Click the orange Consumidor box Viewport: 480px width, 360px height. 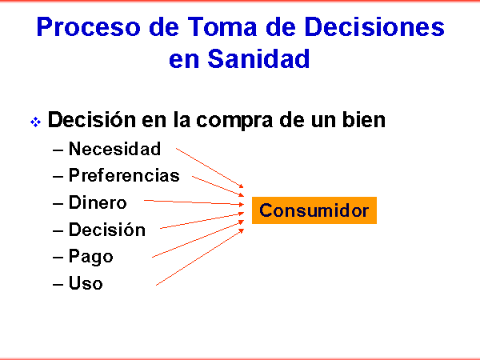(314, 210)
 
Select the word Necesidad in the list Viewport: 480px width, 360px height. (114, 149)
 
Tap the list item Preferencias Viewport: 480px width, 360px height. (124, 175)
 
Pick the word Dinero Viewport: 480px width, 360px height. (98, 202)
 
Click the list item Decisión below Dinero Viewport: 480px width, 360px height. (107, 229)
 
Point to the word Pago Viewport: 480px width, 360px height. (91, 257)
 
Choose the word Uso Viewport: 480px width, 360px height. (86, 283)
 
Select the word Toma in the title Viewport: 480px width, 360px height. (222, 27)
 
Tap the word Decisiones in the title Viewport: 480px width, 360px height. (374, 27)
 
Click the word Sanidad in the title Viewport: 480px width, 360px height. (258, 58)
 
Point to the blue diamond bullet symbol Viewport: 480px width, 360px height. (35, 122)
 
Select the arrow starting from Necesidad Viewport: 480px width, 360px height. (210, 168)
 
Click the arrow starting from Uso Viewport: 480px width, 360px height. (200, 258)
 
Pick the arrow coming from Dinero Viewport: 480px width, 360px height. (194, 202)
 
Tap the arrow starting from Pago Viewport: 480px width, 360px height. (198, 238)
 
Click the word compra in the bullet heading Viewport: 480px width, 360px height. (234, 120)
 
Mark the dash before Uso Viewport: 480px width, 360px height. (58, 284)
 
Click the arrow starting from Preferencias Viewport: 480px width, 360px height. (218, 186)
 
